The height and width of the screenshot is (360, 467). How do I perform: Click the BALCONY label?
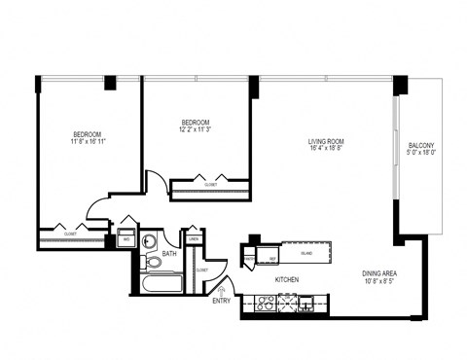[x=421, y=145]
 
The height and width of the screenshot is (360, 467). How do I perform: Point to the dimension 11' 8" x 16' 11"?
[x=88, y=141]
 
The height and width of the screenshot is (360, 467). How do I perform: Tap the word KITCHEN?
[x=286, y=279]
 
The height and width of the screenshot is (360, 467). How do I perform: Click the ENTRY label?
[x=222, y=301]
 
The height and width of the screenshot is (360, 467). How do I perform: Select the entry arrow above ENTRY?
[x=224, y=288]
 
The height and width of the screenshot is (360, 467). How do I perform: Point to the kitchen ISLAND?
[x=305, y=253]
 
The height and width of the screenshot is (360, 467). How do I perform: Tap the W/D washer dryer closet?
[x=126, y=238]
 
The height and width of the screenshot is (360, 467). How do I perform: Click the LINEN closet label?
[x=195, y=238]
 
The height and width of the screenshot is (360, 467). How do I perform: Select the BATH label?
[x=169, y=255]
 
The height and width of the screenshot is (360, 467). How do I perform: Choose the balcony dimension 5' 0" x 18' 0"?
[x=421, y=152]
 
